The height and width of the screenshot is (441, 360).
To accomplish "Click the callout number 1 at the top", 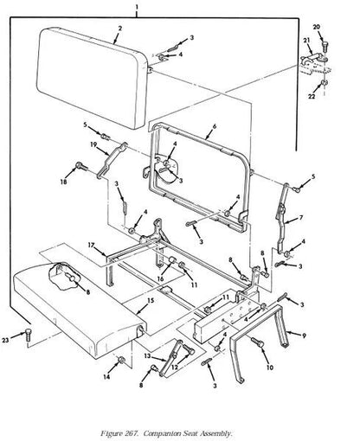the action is click(x=137, y=6).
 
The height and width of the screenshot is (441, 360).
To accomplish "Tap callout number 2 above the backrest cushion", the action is click(x=120, y=29).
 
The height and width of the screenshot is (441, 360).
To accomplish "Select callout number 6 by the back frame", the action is click(x=214, y=126).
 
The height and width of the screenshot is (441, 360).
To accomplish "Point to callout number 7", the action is click(x=301, y=218).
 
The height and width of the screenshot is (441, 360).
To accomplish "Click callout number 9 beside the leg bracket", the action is click(x=304, y=336).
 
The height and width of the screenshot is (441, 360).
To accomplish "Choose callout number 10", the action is click(x=270, y=367).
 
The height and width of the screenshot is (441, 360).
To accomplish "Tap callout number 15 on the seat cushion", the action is click(x=151, y=301).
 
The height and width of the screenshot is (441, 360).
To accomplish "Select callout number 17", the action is click(x=91, y=245).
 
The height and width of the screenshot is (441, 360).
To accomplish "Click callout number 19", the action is click(x=93, y=144).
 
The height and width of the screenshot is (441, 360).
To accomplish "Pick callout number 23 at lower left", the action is click(x=5, y=340).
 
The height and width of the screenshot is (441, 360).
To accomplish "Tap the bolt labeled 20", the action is click(x=325, y=46).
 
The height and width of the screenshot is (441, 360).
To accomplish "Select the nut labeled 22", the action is click(x=324, y=83).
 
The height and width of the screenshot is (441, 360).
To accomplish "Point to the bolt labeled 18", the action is click(x=81, y=166).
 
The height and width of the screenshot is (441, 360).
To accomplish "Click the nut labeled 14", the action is click(x=122, y=360).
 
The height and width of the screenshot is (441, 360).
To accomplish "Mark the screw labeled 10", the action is click(x=257, y=342).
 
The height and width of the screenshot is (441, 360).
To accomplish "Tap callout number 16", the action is click(x=160, y=278).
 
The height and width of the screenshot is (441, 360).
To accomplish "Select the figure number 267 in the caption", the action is click(x=133, y=425).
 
